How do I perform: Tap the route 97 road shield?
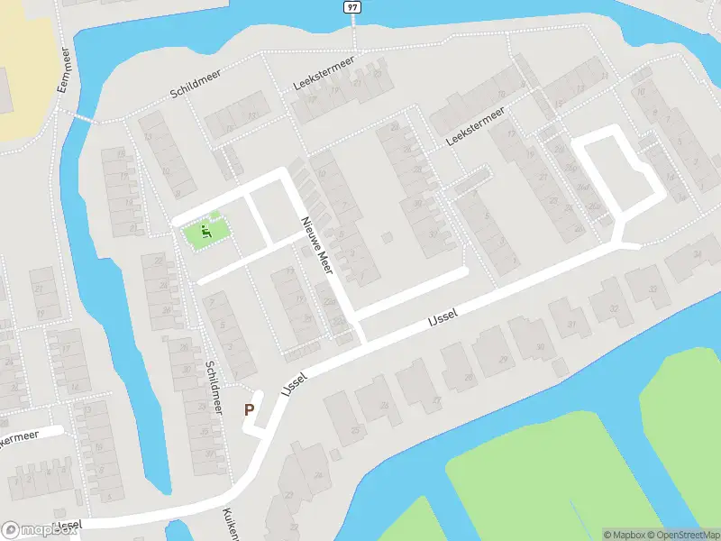[x=353, y=7]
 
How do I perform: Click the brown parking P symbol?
[x=250, y=410]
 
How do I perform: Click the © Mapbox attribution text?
[x=623, y=535]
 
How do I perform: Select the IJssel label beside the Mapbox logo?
[x=68, y=525]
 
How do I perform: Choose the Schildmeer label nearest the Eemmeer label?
[x=195, y=87]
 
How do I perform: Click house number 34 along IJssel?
[x=696, y=255]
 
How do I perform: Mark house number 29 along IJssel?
[x=503, y=359]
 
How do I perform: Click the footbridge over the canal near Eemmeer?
[x=83, y=118]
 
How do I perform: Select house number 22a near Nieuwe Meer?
[x=330, y=304]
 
